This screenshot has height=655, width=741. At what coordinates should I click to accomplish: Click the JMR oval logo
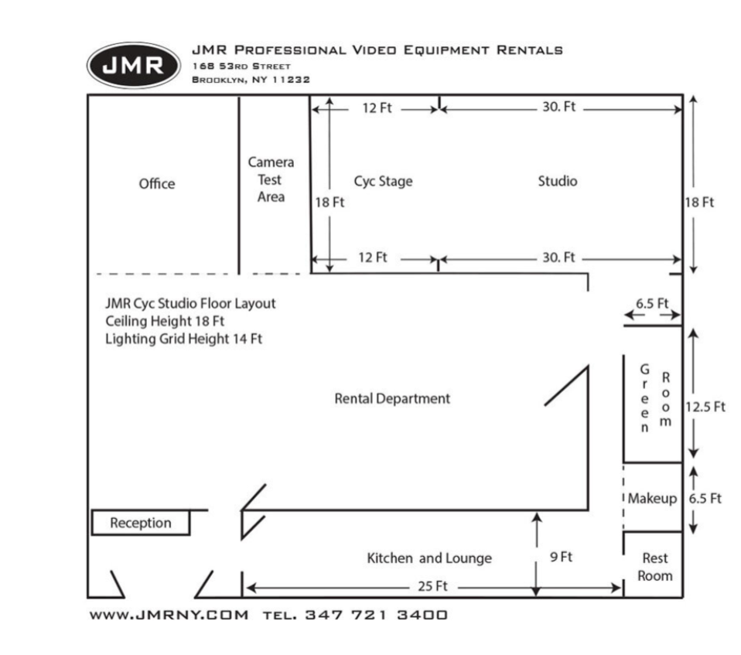pos(133,66)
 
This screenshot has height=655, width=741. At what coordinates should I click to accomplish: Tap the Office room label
pos(157,184)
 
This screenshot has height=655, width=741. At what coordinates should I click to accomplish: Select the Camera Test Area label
pos(271,179)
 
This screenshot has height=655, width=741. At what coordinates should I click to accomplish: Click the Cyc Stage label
pos(383,182)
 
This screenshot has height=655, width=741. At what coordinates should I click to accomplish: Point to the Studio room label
pos(557,182)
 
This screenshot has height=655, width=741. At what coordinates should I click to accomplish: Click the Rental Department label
pos(391,399)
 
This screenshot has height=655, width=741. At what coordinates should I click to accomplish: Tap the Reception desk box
pos(141,523)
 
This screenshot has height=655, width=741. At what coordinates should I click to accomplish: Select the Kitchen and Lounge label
pos(429,558)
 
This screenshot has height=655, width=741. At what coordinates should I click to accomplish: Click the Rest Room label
pos(655,567)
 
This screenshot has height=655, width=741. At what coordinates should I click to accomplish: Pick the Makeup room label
pos(651,499)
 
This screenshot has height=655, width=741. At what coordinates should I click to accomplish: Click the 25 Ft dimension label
pos(432,586)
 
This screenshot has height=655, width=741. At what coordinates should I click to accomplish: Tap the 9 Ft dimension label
pos(561,557)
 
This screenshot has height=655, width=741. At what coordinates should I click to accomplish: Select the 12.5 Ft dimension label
pos(705,407)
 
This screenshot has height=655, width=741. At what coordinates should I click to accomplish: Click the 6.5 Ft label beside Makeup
pos(705,499)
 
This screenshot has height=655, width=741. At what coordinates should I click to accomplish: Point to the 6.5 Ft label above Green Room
pos(652,304)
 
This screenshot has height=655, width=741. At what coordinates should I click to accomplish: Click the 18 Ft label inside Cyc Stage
pos(330,203)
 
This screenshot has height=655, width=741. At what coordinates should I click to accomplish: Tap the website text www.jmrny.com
pos(169,616)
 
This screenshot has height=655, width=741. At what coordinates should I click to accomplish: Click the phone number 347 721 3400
pos(376,616)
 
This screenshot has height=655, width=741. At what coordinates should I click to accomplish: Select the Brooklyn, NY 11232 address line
pos(251,80)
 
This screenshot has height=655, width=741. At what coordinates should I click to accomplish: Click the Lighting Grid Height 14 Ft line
pos(183,339)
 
